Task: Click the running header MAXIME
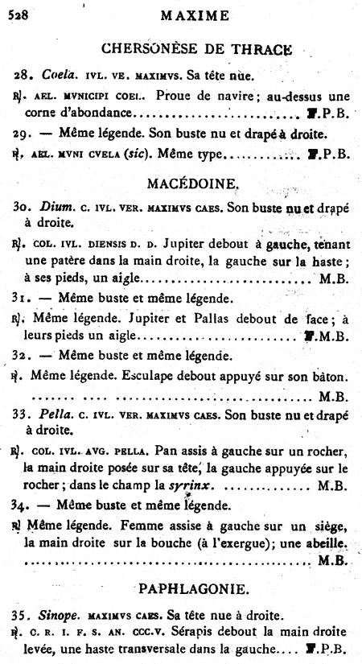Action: click(x=195, y=14)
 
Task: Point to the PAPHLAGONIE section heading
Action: click(x=195, y=582)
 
